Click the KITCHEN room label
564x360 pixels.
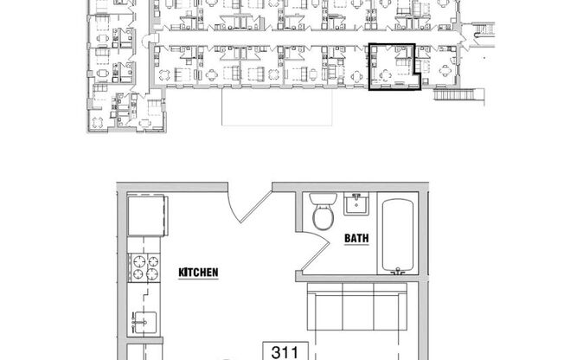198,273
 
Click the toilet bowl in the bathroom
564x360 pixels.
324,217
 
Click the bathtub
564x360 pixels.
398,234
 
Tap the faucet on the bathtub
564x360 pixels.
399,271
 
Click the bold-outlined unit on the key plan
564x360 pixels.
394,67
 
